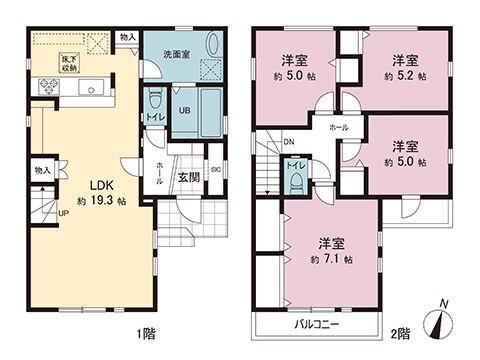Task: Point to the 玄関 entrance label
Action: point(188,177)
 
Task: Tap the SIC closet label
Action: point(215,169)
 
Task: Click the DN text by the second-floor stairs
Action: point(288,143)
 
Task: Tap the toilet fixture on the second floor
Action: point(297,180)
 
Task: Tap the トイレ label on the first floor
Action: point(154,116)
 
